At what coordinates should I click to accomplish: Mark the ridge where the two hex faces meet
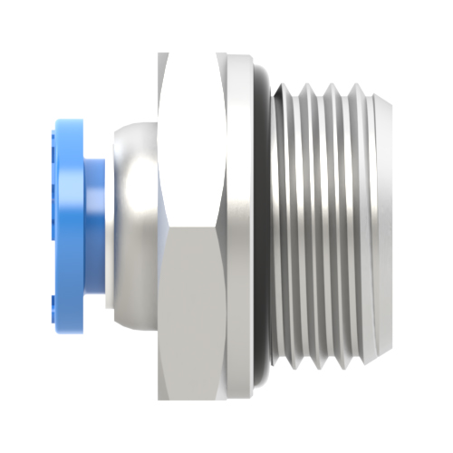coord(192,226)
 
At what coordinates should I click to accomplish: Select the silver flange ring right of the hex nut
coord(240,226)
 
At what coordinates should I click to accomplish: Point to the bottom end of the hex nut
coord(192,397)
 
